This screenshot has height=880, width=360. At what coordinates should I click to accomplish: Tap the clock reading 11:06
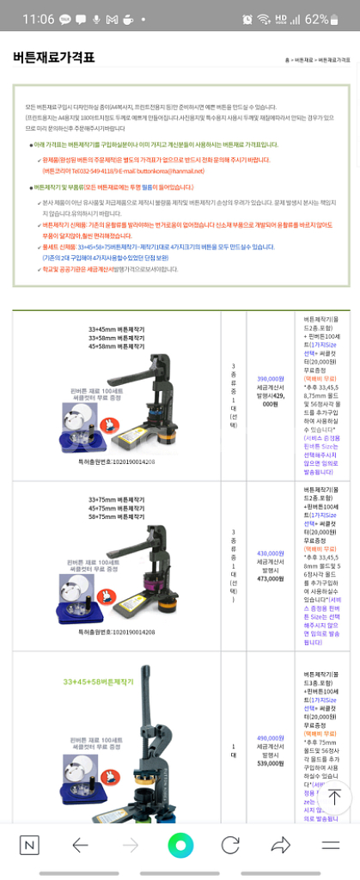coord(39,19)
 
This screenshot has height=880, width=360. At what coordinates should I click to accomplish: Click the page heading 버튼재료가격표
coord(53,58)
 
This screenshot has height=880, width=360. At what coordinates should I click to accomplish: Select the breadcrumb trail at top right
coord(318,60)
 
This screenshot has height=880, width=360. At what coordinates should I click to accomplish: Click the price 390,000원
coord(270,378)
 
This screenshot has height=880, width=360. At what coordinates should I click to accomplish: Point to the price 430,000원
coord(270,553)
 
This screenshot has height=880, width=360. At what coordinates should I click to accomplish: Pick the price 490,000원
coord(270,738)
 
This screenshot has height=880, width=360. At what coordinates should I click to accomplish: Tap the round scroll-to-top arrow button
coord(333,797)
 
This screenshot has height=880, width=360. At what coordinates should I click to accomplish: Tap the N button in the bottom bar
coord(29,845)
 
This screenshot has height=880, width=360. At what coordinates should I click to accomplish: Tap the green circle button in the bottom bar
coord(180,845)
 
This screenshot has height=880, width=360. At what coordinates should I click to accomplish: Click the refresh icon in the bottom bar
coord(230,845)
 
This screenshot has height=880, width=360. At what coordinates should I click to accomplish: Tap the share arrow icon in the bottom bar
coord(281,845)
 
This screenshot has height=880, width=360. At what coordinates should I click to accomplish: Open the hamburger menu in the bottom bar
coord(331,845)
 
